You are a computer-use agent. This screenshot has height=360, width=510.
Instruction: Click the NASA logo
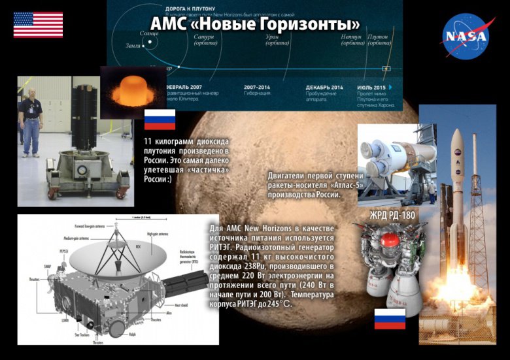(466, 36)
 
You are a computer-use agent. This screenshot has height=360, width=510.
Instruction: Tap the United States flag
(38, 25)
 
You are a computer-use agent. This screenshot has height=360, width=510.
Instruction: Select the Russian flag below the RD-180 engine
(390, 319)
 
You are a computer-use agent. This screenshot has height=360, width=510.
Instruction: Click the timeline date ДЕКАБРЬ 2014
(324, 87)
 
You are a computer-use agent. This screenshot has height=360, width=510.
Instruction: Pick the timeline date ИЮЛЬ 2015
(371, 87)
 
